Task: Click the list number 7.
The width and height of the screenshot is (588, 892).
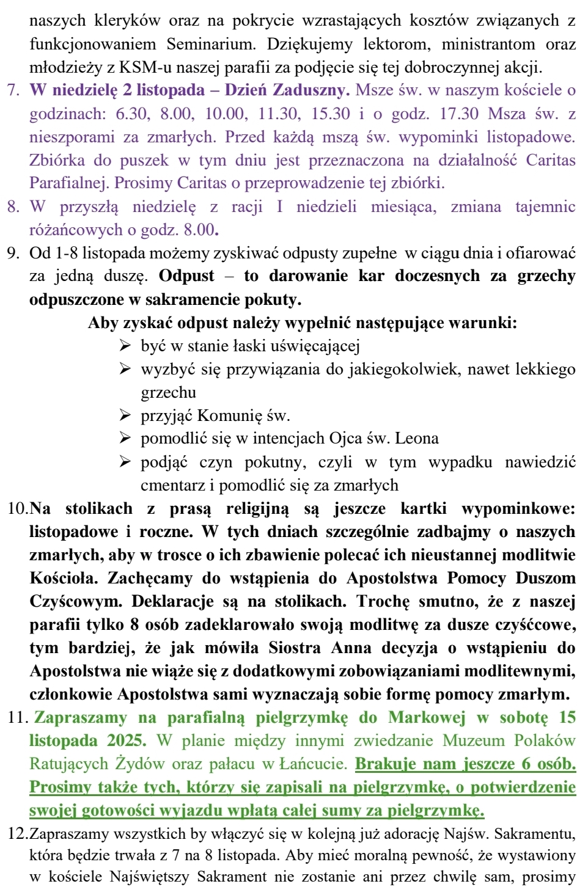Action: pyautogui.click(x=13, y=90)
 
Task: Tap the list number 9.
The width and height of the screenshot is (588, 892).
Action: pyautogui.click(x=13, y=253)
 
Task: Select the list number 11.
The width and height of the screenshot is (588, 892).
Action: pyautogui.click(x=17, y=717)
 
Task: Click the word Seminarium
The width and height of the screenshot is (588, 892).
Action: pyautogui.click(x=202, y=44)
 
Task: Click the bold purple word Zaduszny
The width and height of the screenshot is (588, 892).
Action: pyautogui.click(x=311, y=90)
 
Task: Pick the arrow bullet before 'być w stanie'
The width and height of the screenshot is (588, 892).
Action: pyautogui.click(x=125, y=346)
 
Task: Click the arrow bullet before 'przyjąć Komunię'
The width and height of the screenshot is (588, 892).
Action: pyautogui.click(x=125, y=416)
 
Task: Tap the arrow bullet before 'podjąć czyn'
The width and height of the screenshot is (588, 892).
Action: pyautogui.click(x=125, y=462)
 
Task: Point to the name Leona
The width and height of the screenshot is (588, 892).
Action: pyautogui.click(x=417, y=439)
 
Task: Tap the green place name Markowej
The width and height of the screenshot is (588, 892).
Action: pyautogui.click(x=427, y=717)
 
